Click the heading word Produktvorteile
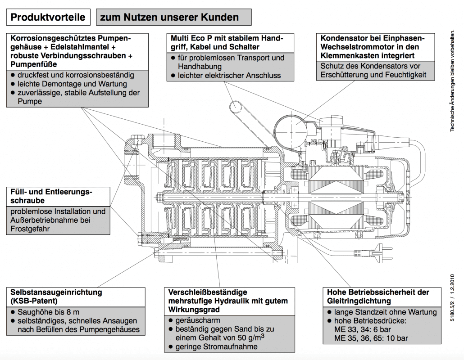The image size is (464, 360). tap(48, 18)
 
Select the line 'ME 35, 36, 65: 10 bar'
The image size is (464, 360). tap(369, 338)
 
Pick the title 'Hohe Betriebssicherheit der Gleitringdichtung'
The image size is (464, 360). tap(378, 297)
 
